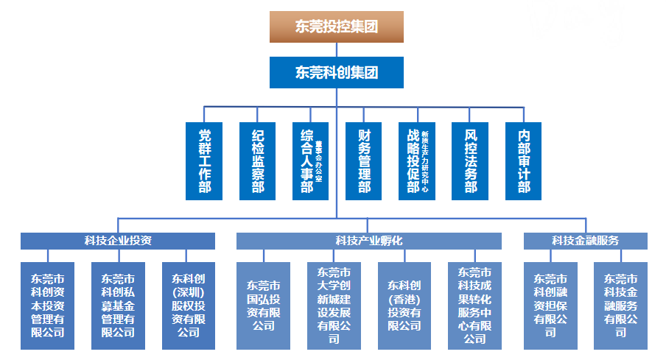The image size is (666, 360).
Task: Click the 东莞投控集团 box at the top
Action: pyautogui.click(x=337, y=27)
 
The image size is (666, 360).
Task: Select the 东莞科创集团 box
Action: pyautogui.click(x=337, y=72)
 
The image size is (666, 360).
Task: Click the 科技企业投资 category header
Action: pyautogui.click(x=118, y=241)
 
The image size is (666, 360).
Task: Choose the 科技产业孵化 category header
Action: pyautogui.click(x=368, y=241)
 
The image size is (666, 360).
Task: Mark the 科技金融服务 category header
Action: pyautogui.click(x=586, y=241)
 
